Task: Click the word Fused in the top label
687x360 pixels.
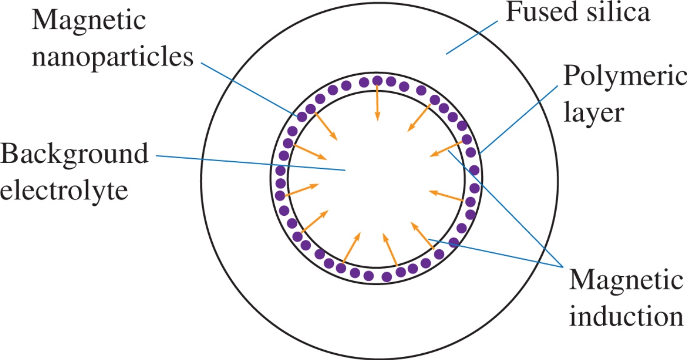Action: pos(535,12)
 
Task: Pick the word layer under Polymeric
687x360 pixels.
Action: pos(593,112)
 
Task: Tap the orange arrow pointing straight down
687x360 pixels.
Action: pos(377,103)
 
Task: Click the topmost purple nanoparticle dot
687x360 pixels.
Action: pos(378,80)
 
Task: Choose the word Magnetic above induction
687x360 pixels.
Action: pos(626,281)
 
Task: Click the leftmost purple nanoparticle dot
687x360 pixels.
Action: pos(280,183)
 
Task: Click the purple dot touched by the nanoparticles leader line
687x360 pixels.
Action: pos(302,116)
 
